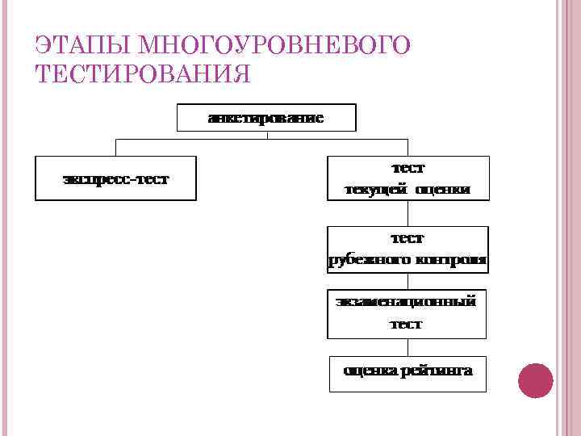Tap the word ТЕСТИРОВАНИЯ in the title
(x=143, y=73)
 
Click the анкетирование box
(x=266, y=118)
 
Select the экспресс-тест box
(x=115, y=178)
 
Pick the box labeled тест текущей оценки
(x=408, y=178)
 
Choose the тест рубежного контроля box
(x=408, y=249)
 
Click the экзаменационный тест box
(x=407, y=313)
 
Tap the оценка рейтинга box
(x=408, y=373)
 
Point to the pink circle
(x=534, y=380)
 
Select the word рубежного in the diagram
(x=368, y=260)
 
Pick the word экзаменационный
(x=407, y=302)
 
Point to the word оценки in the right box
(x=442, y=190)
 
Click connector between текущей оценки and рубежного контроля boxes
(x=408, y=213)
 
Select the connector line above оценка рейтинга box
(x=408, y=347)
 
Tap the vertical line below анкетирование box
(x=266, y=135)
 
